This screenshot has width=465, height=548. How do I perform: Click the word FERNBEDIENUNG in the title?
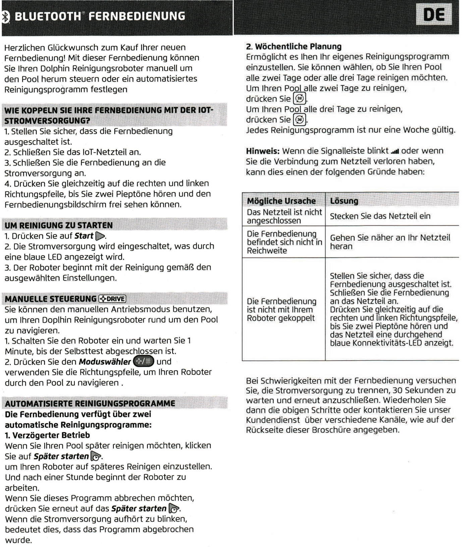point(140,16)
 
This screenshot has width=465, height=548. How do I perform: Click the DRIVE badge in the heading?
point(112,299)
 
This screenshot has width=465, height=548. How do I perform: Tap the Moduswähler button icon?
point(143,362)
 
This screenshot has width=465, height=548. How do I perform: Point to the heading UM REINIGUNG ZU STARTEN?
point(59,225)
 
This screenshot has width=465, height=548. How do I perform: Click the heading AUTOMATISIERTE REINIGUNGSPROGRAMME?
point(90,403)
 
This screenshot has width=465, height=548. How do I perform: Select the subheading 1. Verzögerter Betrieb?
point(47,435)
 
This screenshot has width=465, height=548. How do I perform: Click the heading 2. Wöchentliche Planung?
point(294,47)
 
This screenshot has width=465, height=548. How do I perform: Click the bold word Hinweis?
point(263,151)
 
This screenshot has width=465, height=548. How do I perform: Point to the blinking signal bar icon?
point(395,151)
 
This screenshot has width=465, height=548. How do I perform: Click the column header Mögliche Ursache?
point(281,201)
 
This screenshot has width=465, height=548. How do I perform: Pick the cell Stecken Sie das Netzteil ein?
point(380,216)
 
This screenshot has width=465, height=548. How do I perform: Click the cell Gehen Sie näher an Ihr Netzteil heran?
point(390,242)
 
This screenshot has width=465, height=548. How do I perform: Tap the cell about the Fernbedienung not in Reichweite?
point(284,242)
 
